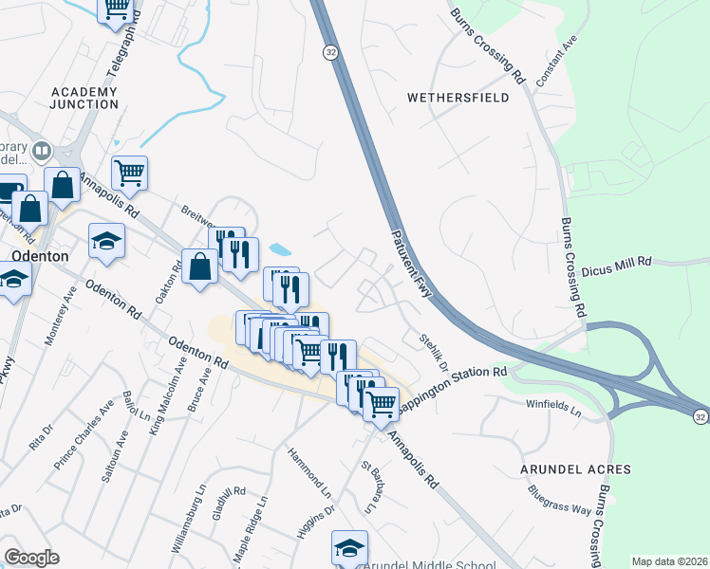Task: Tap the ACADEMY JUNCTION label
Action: click(x=84, y=98)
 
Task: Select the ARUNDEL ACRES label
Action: click(x=575, y=469)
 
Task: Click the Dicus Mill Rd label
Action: click(x=618, y=262)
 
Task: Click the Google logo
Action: click(x=31, y=557)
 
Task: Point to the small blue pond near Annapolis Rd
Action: click(x=280, y=249)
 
